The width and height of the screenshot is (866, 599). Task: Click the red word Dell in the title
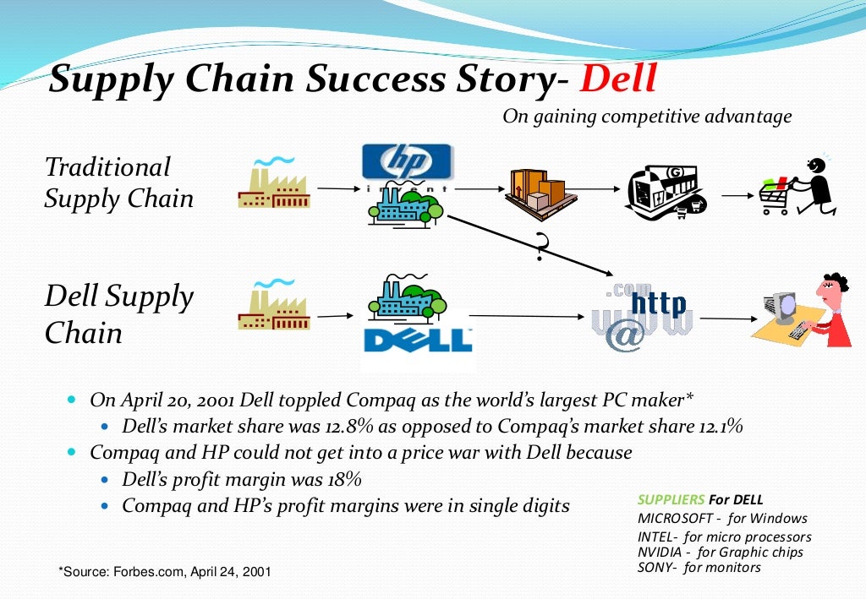618,79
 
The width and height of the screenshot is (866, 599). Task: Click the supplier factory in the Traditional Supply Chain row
273,183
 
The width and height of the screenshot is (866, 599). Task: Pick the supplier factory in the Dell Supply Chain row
273,304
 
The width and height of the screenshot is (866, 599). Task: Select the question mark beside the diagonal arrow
541,248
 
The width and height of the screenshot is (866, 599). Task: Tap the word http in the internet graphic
660,303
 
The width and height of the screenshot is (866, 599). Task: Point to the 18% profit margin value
343,480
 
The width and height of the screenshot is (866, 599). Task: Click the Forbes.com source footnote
165,572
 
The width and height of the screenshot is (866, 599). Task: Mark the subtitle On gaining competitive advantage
647,116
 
